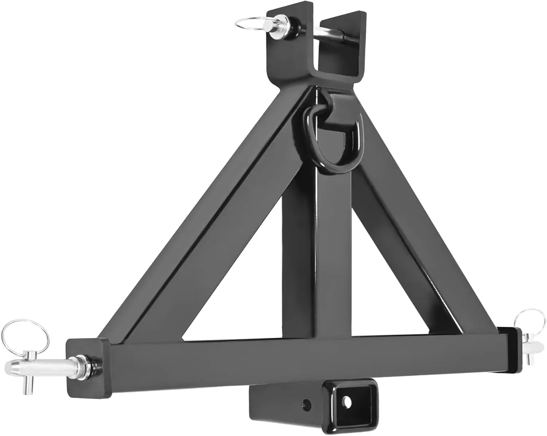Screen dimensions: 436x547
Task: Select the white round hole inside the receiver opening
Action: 348,401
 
